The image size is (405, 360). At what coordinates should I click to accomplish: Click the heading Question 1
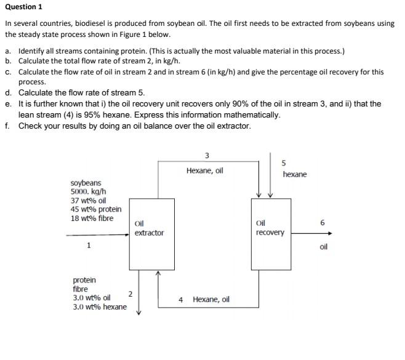pos(23,7)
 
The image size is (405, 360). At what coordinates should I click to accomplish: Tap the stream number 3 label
pos(206,155)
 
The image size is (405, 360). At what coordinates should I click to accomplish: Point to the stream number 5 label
pos(283,163)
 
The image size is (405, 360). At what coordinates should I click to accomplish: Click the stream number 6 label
pos(323,222)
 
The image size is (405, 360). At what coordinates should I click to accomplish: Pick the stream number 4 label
pos(181,300)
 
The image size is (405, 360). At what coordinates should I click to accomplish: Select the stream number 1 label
pos(89,246)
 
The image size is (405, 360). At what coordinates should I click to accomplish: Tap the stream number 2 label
pos(130,294)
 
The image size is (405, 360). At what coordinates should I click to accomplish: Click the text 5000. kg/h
pos(87,191)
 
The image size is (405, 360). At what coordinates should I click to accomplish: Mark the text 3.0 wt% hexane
pos(100,307)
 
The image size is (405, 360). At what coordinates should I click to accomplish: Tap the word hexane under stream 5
pos(295,175)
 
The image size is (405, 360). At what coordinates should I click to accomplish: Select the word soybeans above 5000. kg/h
pos(86,183)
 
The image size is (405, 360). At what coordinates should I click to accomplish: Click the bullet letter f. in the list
pos(7,126)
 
